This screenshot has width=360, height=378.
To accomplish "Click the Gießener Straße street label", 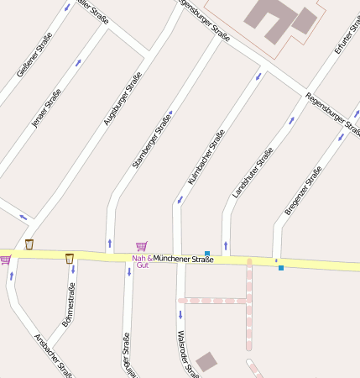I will [34, 55].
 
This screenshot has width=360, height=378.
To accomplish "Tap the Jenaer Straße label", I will [46, 108].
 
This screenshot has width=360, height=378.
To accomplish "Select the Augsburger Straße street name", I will [123, 99].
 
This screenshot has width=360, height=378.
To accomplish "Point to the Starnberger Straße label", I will [152, 139].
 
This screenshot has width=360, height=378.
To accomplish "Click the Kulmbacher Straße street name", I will [206, 157].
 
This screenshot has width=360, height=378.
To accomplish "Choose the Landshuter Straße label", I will [253, 173].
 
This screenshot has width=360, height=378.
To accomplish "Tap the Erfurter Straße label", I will [346, 37].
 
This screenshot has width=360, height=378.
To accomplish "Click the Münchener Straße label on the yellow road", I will [184, 259].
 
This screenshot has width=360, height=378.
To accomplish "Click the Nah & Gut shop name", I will [142, 261].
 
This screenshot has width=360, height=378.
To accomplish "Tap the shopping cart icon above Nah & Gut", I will [141, 247].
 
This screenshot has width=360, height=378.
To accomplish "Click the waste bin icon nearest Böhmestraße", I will [70, 258].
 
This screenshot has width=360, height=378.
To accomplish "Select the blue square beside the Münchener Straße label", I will [207, 253].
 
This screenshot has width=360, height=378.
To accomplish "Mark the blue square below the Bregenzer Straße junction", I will [281, 268].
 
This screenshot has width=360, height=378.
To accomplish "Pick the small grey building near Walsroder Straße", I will [206, 362].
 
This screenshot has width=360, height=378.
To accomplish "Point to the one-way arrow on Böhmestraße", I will [73, 270].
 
